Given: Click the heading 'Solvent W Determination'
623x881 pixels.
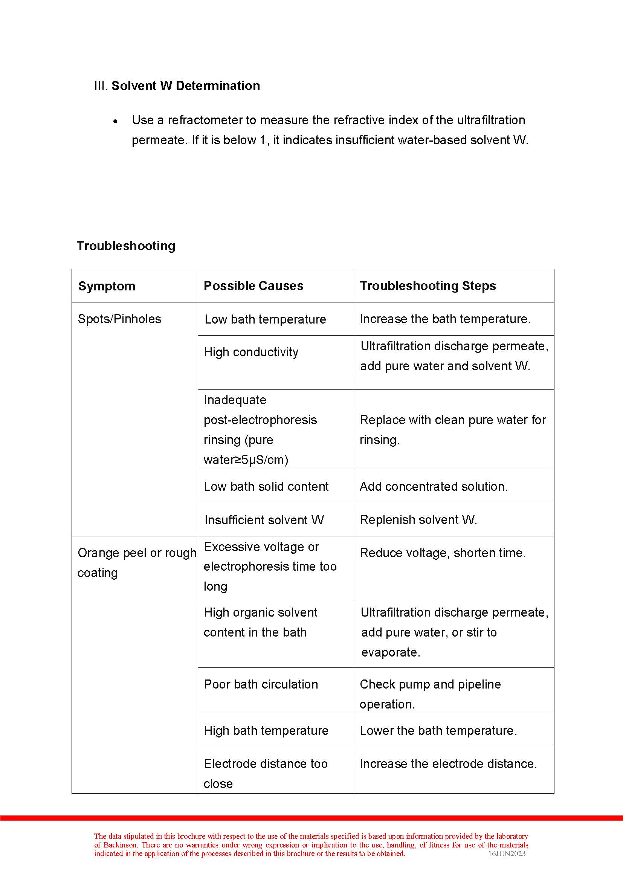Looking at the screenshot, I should [x=185, y=86].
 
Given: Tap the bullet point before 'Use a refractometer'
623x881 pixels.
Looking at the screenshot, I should [x=116, y=121].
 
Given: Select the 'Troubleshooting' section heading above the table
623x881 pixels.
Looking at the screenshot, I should [x=126, y=246].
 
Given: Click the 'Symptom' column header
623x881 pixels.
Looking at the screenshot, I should [x=107, y=286].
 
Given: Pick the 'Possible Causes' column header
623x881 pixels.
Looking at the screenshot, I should [x=253, y=286].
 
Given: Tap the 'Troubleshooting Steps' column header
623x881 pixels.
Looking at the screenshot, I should [x=428, y=286].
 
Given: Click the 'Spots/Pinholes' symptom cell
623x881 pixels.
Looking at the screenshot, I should [x=119, y=319].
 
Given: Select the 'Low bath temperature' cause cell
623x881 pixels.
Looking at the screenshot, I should [x=265, y=319].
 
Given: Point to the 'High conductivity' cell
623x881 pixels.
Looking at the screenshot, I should [x=251, y=352].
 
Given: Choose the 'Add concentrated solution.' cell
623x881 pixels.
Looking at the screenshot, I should [x=434, y=486].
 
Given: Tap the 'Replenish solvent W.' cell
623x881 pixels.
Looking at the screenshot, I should [x=418, y=519].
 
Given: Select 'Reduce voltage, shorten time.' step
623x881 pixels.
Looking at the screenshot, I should [x=442, y=553].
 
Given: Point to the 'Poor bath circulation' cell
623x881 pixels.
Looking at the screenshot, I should [x=261, y=684].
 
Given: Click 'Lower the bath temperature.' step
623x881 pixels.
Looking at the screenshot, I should [x=438, y=730].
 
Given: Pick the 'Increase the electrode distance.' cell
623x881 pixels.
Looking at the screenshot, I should [x=448, y=763].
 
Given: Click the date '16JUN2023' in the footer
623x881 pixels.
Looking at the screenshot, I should [x=506, y=854].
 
